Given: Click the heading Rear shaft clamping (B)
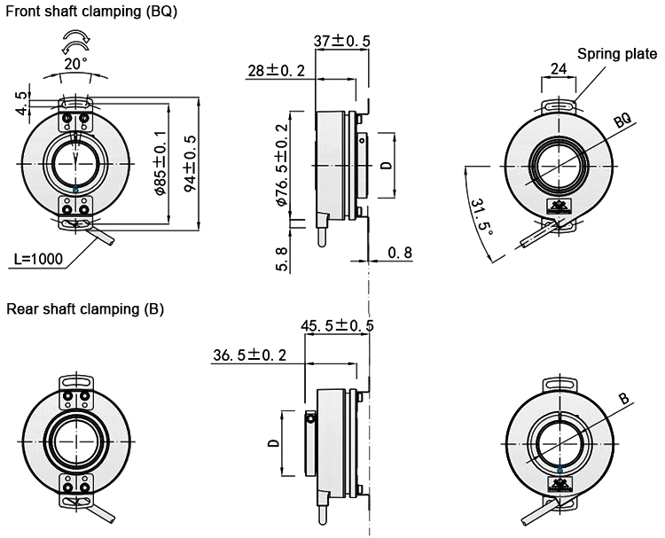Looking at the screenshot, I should coord(85,309).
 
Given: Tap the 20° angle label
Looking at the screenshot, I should coord(74,64).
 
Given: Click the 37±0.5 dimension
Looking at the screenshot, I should coord(341,41).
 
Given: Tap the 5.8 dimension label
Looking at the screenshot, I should coord(283,257).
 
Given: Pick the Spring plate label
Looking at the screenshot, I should coord(617,54).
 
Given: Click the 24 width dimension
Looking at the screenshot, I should coord(559,69).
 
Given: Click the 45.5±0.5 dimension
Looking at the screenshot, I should coord(337,326).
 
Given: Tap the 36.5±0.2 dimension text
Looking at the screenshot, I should coord(249,355).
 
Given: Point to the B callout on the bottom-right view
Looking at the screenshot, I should coord(623,400).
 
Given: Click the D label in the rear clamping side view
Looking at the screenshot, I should coord(273,442).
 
